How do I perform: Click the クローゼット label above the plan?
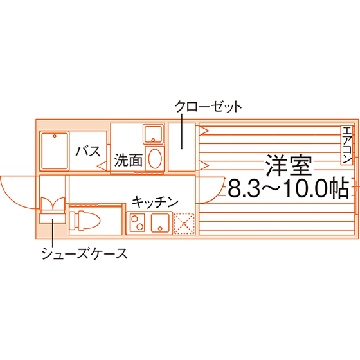point(208,107)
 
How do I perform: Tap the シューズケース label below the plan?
point(84,253)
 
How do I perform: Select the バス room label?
point(89,151)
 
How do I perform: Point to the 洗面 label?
point(129,159)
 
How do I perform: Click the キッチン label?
point(155,202)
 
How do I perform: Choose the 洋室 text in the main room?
point(289,165)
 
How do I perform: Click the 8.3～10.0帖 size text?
point(289,190)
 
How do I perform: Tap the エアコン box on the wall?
point(346,145)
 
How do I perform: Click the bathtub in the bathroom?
point(55,151)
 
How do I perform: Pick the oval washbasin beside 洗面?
point(155,158)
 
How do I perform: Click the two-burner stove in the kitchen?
point(138,222)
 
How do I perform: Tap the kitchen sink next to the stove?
point(160,222)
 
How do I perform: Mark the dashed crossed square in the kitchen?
point(184,224)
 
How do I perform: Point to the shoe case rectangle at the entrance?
point(53,219)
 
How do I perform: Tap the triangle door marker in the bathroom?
point(102,166)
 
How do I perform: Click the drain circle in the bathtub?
point(55,136)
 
